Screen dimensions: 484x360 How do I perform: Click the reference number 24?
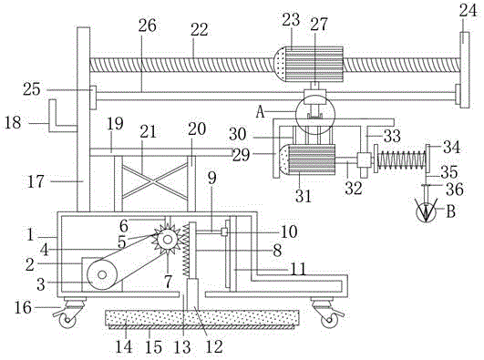tap(469, 12)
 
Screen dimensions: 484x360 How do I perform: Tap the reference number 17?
tap(36, 181)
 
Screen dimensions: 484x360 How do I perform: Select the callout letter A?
tap(261, 112)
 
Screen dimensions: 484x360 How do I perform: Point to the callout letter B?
tap(450, 211)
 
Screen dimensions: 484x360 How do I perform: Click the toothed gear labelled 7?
tap(167, 240)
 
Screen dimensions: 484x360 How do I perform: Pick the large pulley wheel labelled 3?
tap(102, 274)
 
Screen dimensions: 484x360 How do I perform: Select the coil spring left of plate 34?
tap(402, 159)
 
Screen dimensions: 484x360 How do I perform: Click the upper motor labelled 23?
tap(309, 64)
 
